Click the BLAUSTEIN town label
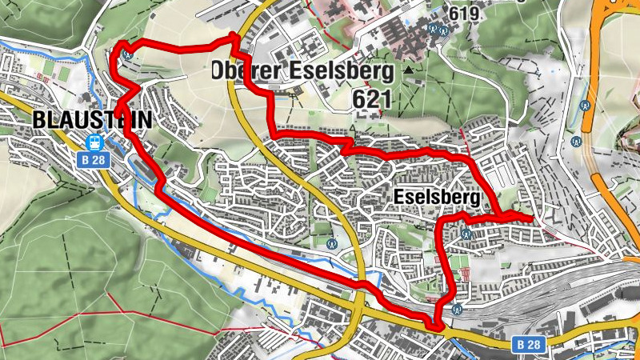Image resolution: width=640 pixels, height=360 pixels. click(94, 121)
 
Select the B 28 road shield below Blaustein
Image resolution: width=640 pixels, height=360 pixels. click(92, 159)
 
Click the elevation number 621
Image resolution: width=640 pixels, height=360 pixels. click(370, 98)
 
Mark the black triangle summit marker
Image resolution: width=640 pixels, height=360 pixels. click(410, 70)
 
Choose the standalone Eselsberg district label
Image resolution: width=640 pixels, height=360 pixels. click(436, 197)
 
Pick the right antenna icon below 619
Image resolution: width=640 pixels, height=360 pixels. click(443, 30)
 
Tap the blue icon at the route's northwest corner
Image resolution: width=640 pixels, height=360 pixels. click(127, 56)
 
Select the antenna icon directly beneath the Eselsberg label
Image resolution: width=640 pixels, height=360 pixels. click(466, 234)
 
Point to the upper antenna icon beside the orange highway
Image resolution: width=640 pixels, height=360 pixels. click(585, 105)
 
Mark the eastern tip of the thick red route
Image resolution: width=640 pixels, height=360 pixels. click(532, 218)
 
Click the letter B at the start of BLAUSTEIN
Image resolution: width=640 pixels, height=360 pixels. click(41, 121)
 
